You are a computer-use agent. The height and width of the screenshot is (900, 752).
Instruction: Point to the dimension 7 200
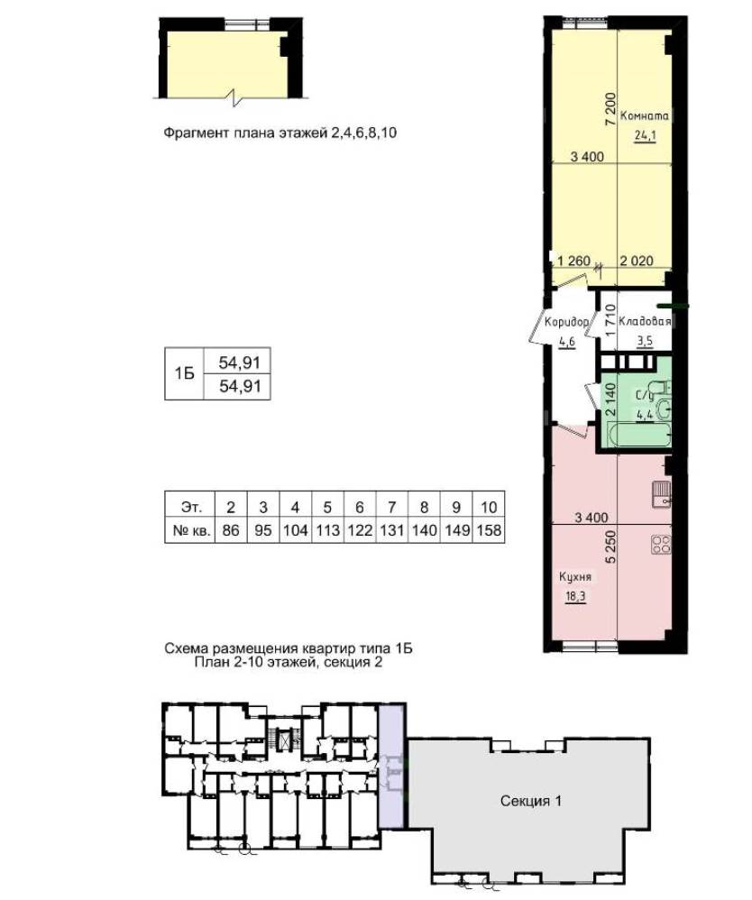click(610, 109)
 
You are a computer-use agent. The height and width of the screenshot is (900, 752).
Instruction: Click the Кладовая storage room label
click(645, 321)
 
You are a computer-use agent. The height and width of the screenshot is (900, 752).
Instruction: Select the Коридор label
click(566, 322)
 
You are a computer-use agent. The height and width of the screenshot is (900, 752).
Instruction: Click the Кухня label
click(575, 577)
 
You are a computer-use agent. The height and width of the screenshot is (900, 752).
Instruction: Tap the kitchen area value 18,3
click(575, 596)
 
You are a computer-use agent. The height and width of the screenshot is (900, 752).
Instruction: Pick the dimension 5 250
click(610, 546)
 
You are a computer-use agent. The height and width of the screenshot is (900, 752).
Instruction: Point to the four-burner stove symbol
click(661, 544)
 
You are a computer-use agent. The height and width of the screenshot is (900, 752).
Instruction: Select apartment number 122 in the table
click(360, 529)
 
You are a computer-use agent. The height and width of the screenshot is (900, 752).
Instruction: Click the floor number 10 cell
click(489, 507)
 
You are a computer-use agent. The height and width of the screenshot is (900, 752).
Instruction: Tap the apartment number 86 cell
click(231, 529)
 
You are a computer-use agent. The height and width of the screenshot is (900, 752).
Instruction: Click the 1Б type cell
click(184, 373)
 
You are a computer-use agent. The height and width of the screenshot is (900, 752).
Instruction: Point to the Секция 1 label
click(531, 801)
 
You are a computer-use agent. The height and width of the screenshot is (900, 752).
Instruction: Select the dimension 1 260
click(574, 261)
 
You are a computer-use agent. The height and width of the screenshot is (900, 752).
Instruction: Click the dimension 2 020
click(637, 261)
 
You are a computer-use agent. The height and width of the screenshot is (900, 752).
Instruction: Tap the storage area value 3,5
click(645, 341)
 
